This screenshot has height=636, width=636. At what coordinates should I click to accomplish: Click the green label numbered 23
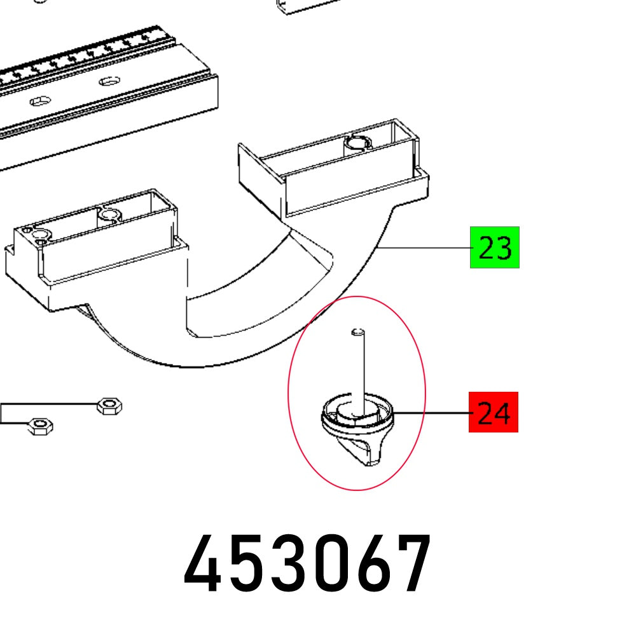click(x=494, y=247)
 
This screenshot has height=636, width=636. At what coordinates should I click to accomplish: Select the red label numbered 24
click(x=493, y=413)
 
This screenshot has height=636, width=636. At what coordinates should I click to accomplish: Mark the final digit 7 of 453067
click(x=412, y=563)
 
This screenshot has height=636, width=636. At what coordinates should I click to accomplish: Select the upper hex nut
click(x=109, y=405)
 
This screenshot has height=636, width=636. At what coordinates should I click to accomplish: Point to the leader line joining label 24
click(x=432, y=413)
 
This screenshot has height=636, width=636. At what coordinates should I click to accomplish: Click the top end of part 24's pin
click(x=358, y=331)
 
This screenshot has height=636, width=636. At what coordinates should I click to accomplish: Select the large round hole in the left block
click(x=109, y=215)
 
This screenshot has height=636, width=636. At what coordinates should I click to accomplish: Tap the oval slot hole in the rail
click(x=39, y=100)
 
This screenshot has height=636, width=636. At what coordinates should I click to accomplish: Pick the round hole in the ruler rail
click(x=109, y=81)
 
